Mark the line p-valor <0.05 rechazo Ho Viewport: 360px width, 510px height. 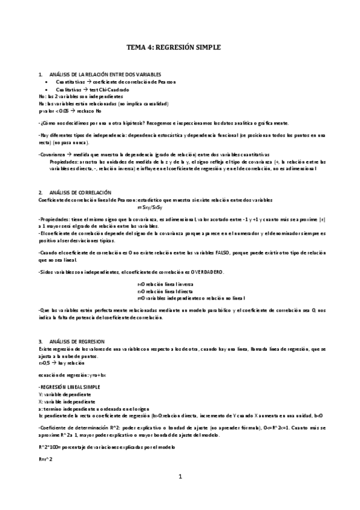pos(70,111)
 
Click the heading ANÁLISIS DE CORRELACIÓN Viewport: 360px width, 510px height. pos(78,191)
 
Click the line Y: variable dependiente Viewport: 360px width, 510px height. pos(66,393)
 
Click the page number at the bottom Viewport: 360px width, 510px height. pos(180,477)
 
